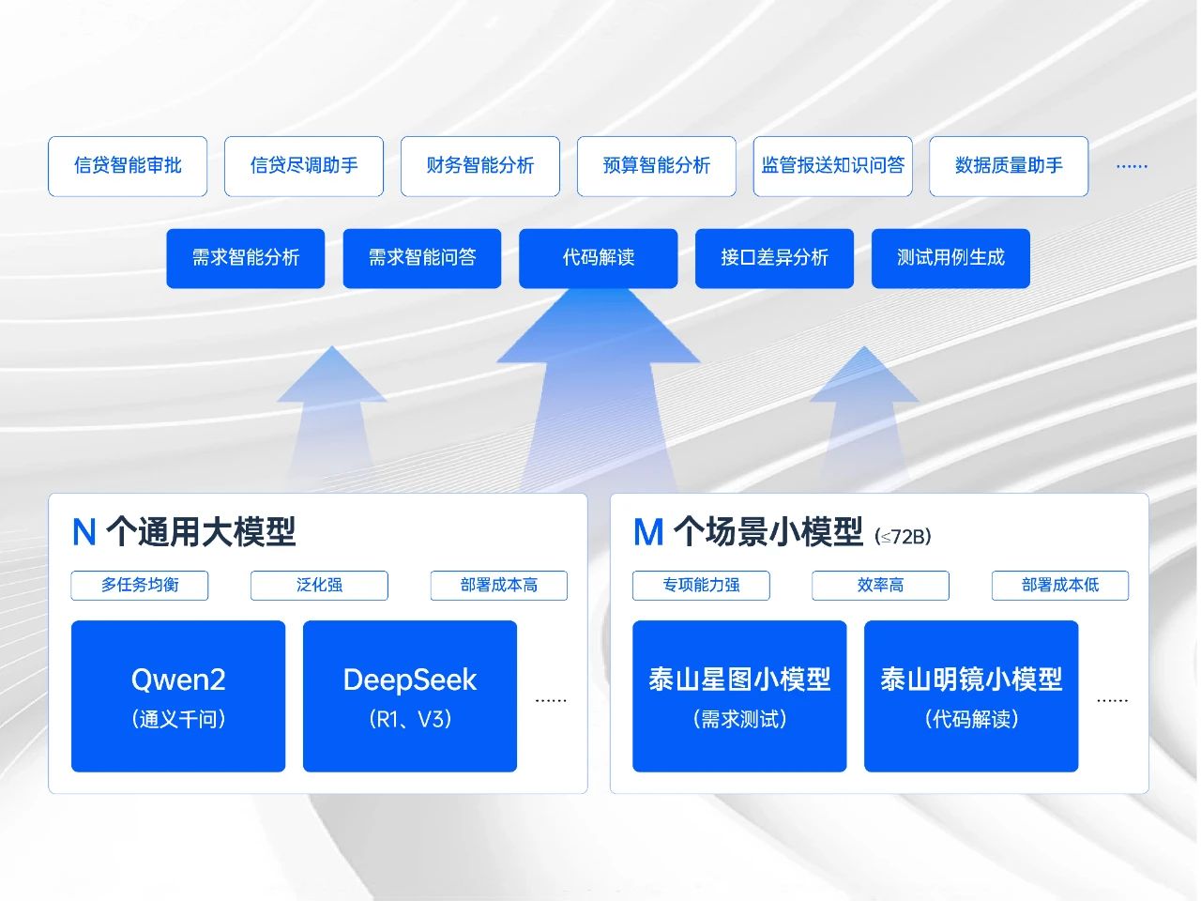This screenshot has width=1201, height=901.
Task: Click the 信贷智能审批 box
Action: pyautogui.click(x=128, y=166)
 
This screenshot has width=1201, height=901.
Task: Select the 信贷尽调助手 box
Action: pyautogui.click(x=304, y=166)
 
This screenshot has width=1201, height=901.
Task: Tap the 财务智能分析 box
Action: pyautogui.click(x=480, y=166)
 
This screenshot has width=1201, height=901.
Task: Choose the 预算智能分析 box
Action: pyautogui.click(x=657, y=166)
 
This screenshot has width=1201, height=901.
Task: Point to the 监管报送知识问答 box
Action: pyautogui.click(x=833, y=166)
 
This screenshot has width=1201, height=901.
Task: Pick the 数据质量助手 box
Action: pyautogui.click(x=1009, y=166)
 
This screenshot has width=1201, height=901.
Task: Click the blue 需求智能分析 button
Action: pyautogui.click(x=246, y=258)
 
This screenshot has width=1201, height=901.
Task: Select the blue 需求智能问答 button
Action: pyautogui.click(x=422, y=258)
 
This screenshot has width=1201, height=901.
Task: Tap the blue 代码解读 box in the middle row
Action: pyautogui.click(x=599, y=258)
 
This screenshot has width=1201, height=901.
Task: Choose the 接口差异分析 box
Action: pyautogui.click(x=774, y=258)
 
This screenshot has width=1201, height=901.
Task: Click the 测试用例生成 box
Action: pyautogui.click(x=950, y=258)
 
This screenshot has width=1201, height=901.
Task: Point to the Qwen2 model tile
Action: pyautogui.click(x=178, y=696)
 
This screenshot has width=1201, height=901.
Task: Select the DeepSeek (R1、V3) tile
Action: pyautogui.click(x=410, y=696)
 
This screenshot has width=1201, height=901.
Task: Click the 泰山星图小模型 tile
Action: pyautogui.click(x=739, y=696)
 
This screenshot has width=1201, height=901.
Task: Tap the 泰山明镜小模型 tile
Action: pyautogui.click(x=971, y=696)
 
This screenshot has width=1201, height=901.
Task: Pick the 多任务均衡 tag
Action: pyautogui.click(x=140, y=585)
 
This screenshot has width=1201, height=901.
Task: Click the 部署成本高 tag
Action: pyautogui.click(x=499, y=585)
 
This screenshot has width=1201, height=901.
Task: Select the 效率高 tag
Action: pyautogui.click(x=880, y=585)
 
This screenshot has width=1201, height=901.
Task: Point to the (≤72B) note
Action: pyautogui.click(x=903, y=537)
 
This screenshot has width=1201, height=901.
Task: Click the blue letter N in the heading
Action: pyautogui.click(x=84, y=533)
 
